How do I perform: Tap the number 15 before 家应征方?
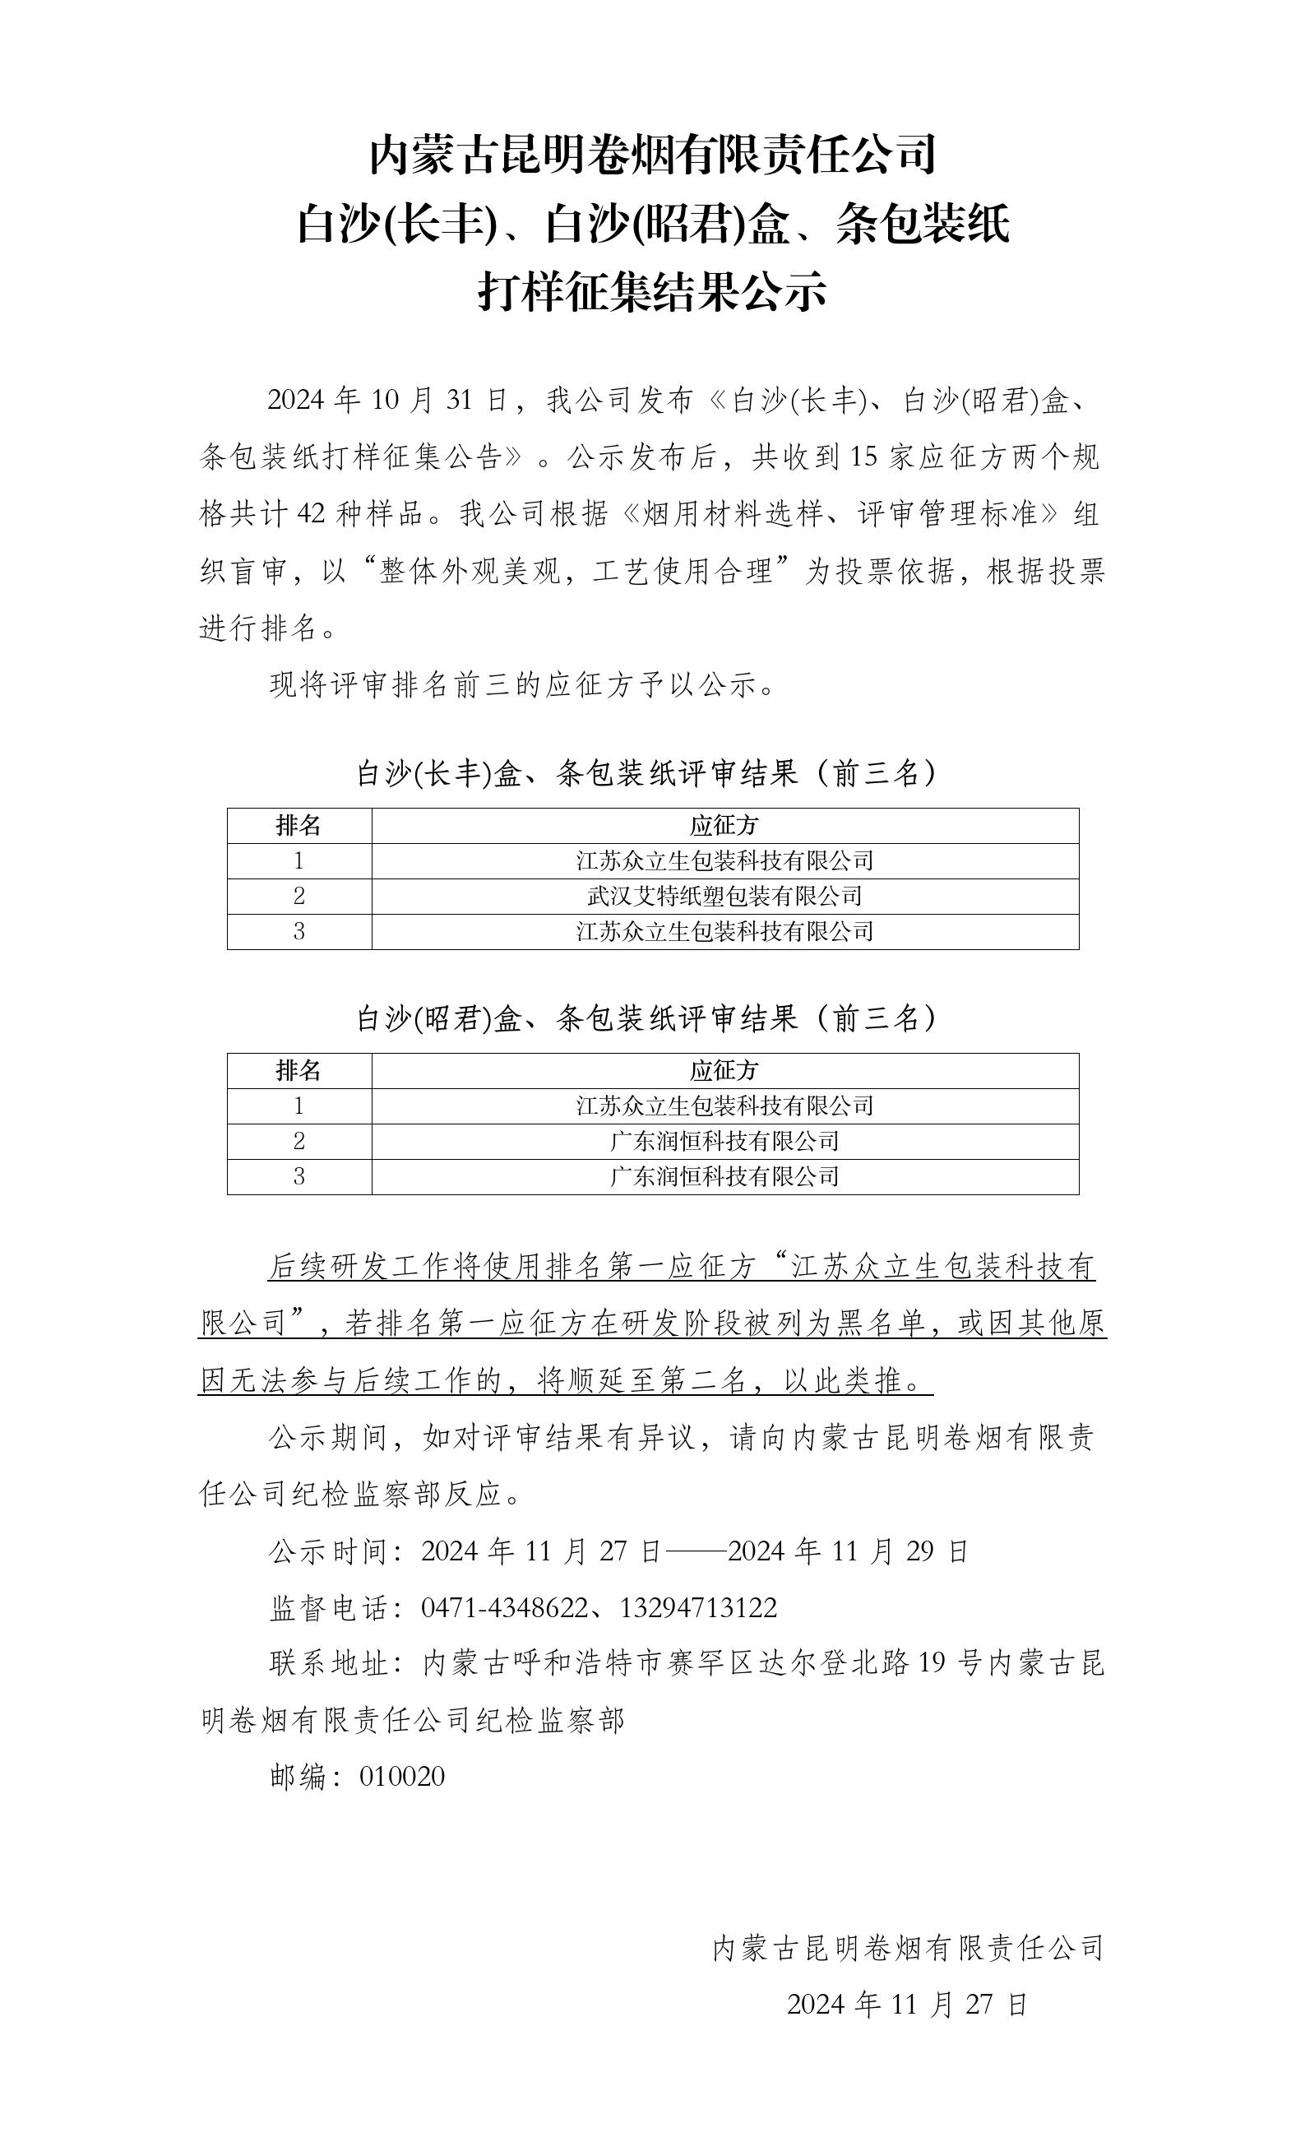(864, 457)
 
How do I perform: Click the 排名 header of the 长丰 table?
(298, 825)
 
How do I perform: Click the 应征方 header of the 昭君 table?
(724, 1070)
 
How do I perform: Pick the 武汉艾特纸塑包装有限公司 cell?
(724, 896)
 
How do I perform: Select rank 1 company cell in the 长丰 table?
(724, 860)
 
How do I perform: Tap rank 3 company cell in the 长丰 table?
(724, 931)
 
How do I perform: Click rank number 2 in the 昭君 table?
(298, 1141)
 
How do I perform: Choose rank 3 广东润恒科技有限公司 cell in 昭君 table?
(724, 1176)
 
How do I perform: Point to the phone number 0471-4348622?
(505, 1608)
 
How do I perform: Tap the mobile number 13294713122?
(698, 1608)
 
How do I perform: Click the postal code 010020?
(402, 1776)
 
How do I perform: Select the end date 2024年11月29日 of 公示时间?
(848, 1551)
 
